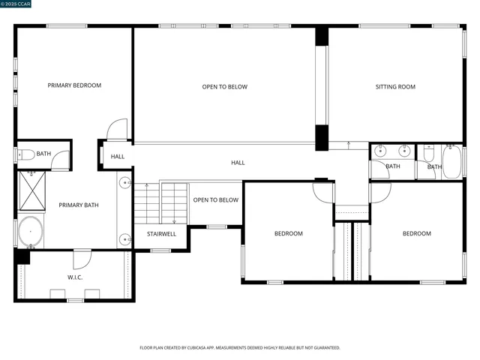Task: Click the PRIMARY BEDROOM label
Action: coord(74,85)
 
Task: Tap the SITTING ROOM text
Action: coord(395,87)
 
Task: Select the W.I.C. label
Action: coord(75,277)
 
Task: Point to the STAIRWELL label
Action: coord(161,234)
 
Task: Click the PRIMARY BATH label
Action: coord(79,205)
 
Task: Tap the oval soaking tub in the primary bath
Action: coord(31,232)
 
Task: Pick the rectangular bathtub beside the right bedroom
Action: coord(452,161)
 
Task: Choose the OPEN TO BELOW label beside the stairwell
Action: coord(215,200)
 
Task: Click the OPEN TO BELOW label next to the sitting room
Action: coord(224,87)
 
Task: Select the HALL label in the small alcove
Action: coord(118,157)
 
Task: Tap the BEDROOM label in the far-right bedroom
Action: coord(416,234)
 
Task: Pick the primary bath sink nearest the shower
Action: coord(125,183)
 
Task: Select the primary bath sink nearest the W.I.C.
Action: coord(125,239)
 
